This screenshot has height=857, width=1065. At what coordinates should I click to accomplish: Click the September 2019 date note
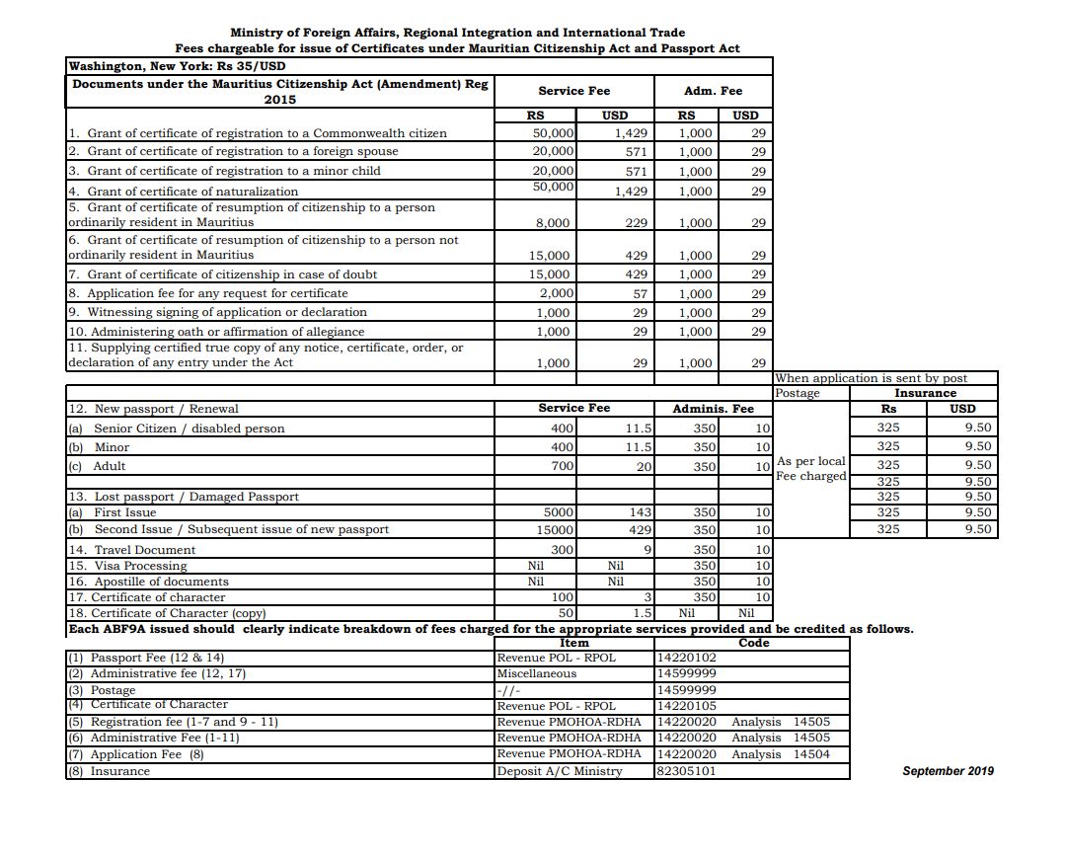948,771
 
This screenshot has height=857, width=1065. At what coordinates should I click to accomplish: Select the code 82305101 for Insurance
686,771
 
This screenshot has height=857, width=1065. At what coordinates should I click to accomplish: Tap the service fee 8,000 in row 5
552,223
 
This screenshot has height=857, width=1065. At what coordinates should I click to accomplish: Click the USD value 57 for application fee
640,293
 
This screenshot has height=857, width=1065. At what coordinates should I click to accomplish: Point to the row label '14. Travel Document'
131,550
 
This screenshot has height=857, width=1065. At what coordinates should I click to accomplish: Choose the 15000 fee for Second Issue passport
558,529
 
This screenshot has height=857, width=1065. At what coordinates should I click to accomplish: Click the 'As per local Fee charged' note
811,468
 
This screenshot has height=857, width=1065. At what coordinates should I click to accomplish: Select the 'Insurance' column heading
925,393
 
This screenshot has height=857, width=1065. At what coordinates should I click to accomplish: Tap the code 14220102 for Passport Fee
686,658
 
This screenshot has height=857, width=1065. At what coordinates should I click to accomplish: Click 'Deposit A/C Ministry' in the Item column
559,771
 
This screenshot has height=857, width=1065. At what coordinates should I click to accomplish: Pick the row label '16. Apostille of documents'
148,582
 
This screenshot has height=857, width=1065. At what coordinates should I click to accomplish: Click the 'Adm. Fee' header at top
713,91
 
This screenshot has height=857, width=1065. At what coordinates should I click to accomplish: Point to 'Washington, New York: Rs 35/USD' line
177,66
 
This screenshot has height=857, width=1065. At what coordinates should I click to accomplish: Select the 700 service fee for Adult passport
562,466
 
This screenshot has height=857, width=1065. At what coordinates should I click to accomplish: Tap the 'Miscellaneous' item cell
536,673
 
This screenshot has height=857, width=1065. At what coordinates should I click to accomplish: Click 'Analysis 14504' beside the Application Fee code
781,754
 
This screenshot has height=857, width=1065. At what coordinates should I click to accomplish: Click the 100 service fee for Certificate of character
563,597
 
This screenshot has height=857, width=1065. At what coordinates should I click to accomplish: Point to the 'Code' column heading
753,643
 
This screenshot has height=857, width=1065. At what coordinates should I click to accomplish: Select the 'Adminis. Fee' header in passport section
713,409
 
